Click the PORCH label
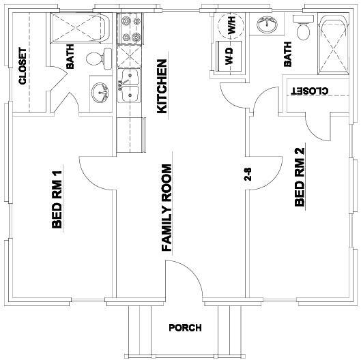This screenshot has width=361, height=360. tap(185, 328)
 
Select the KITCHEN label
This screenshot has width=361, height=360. tap(162, 85)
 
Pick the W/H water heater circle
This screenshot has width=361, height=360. tap(231, 26)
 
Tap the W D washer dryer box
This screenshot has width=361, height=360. tap(228, 54)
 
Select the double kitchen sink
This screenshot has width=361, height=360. tap(130, 86)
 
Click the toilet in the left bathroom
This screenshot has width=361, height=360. tap(98, 59)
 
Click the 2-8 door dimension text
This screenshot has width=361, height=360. tap(248, 174)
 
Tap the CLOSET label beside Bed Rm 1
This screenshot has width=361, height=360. tap(23, 66)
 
